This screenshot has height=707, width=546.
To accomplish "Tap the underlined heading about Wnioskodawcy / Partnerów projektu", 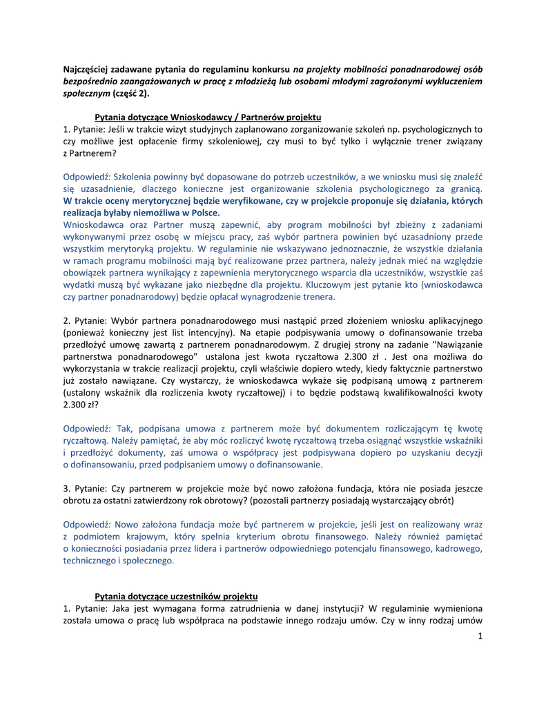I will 208,117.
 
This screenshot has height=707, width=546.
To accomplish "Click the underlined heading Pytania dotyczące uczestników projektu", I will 176,595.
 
